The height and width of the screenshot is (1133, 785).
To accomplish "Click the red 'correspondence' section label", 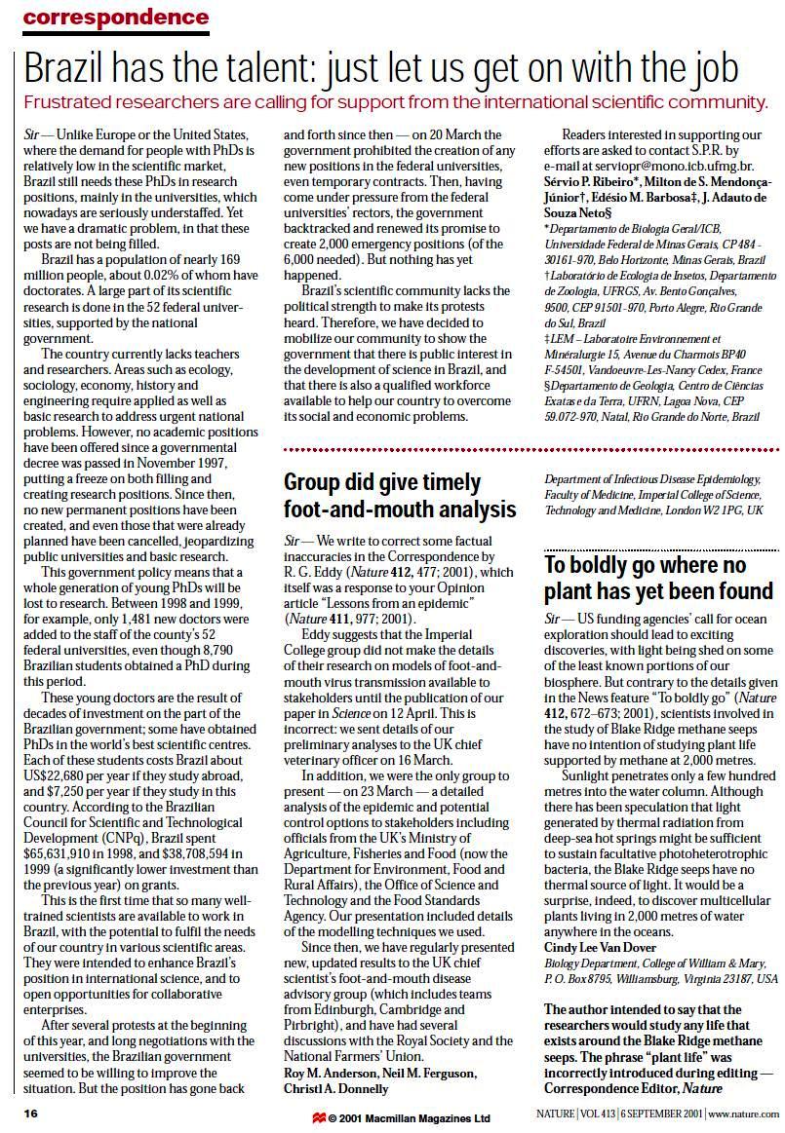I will point(115,18).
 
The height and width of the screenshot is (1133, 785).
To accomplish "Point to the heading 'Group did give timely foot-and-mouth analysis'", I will point(399,495).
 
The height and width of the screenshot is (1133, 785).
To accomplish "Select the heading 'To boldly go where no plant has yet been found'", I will point(658,579).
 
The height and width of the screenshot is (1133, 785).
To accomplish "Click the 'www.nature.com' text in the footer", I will point(744,1114).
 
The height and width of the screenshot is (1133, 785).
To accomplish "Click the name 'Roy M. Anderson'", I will point(330,1073).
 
